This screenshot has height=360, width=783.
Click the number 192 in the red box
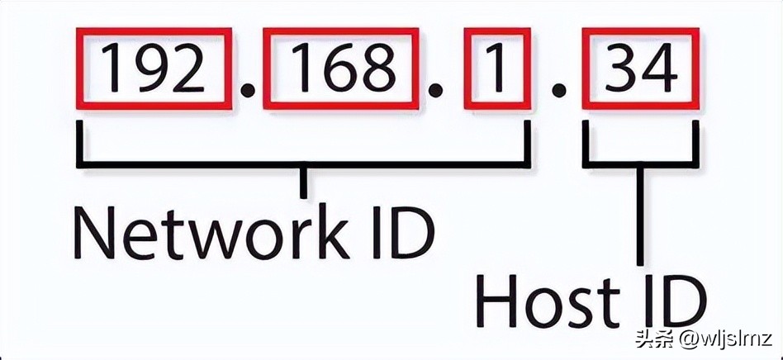tap(154, 69)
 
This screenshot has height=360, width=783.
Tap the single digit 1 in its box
tap(496, 69)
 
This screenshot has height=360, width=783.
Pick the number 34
tap(641, 69)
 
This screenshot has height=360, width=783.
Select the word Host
tap(544, 304)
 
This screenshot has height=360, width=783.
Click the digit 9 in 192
tap(154, 69)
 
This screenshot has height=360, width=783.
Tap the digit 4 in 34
tap(660, 69)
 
